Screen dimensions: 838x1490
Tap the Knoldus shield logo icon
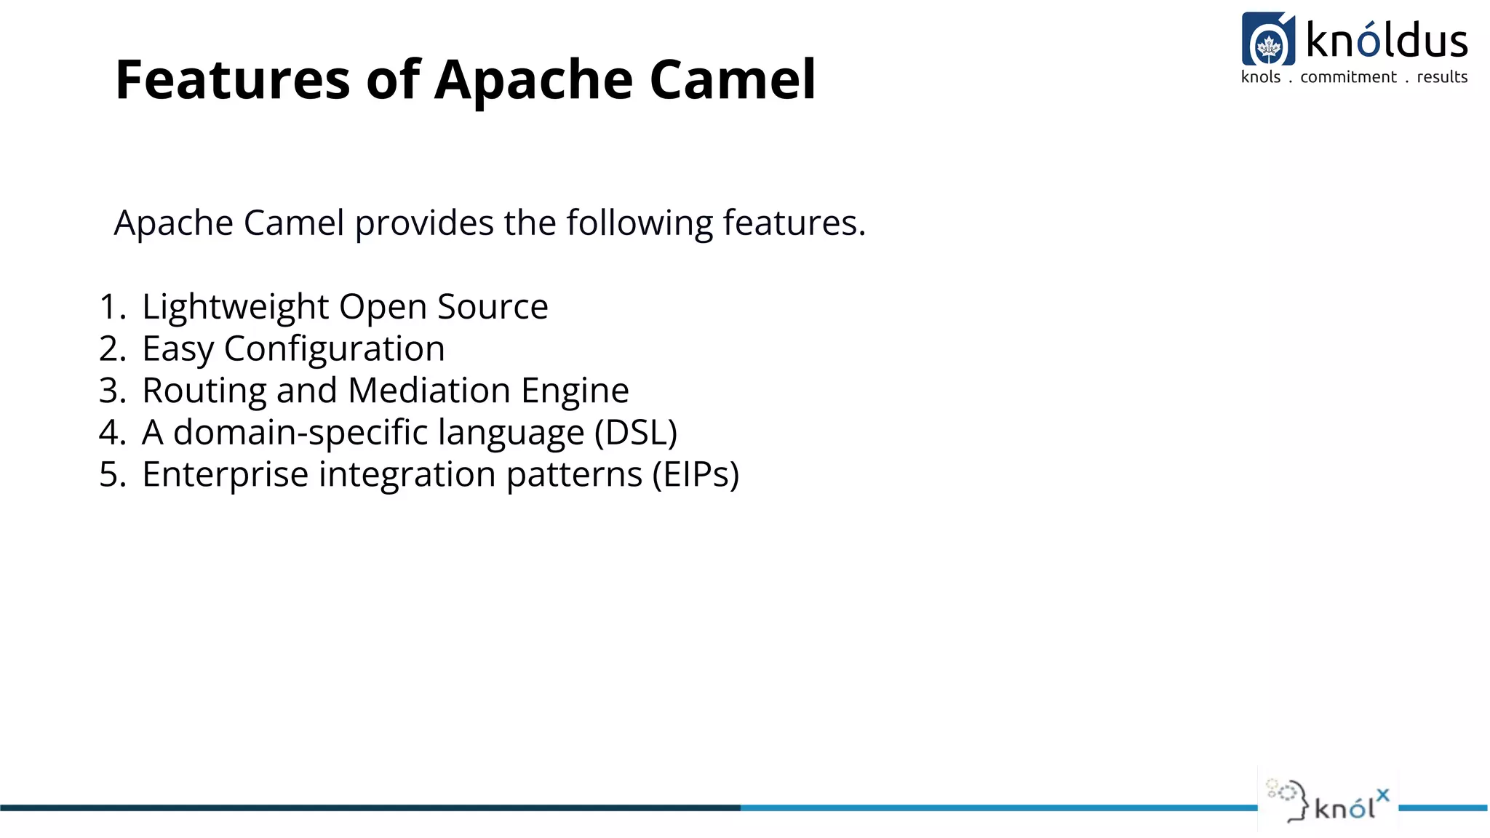(1268, 40)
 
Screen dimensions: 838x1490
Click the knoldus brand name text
(1387, 41)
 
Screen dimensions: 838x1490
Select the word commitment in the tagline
(1348, 77)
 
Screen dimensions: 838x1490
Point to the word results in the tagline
(1442, 77)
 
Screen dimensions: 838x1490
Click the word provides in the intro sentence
(424, 223)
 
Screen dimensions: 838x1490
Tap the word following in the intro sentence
(640, 223)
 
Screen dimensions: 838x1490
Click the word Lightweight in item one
(235, 307)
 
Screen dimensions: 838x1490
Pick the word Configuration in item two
(334, 349)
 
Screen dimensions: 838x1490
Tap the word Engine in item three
(575, 391)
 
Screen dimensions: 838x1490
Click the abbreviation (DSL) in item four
(635, 433)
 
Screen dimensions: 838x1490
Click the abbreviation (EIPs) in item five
(695, 475)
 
